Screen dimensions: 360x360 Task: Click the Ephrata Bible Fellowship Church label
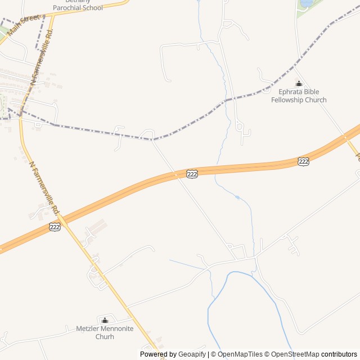point(299,96)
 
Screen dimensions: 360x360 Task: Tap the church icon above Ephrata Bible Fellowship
point(299,84)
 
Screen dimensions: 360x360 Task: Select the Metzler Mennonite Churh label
point(105,332)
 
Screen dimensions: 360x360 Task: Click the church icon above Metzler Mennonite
point(105,320)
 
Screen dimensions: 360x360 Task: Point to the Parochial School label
point(78,8)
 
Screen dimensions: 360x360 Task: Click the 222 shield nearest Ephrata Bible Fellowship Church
point(303,162)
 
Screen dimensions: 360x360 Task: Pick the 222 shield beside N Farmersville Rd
point(55,227)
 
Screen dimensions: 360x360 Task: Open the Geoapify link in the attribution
point(192,354)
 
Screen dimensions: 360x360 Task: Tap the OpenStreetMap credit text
point(295,354)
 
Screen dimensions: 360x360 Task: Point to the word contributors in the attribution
point(339,354)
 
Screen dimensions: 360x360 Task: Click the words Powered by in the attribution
point(158,354)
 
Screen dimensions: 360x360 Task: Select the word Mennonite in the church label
point(114,328)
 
